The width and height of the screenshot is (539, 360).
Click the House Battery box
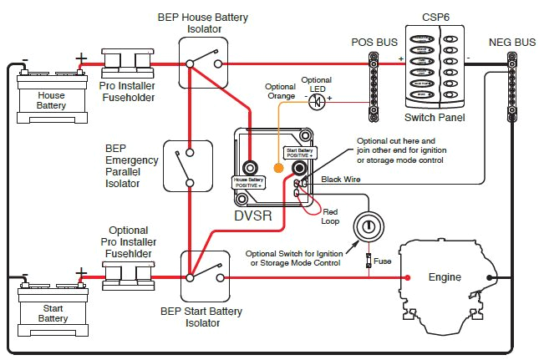click(x=51, y=89)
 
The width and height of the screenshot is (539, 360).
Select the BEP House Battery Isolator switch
click(x=204, y=62)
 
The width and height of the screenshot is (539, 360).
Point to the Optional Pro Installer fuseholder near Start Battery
click(x=128, y=276)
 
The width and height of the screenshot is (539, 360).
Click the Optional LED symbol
click(x=317, y=101)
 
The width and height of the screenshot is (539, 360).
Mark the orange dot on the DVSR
click(x=278, y=168)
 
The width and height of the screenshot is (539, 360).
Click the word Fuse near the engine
click(x=382, y=261)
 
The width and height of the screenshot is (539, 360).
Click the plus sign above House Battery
click(x=81, y=58)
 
